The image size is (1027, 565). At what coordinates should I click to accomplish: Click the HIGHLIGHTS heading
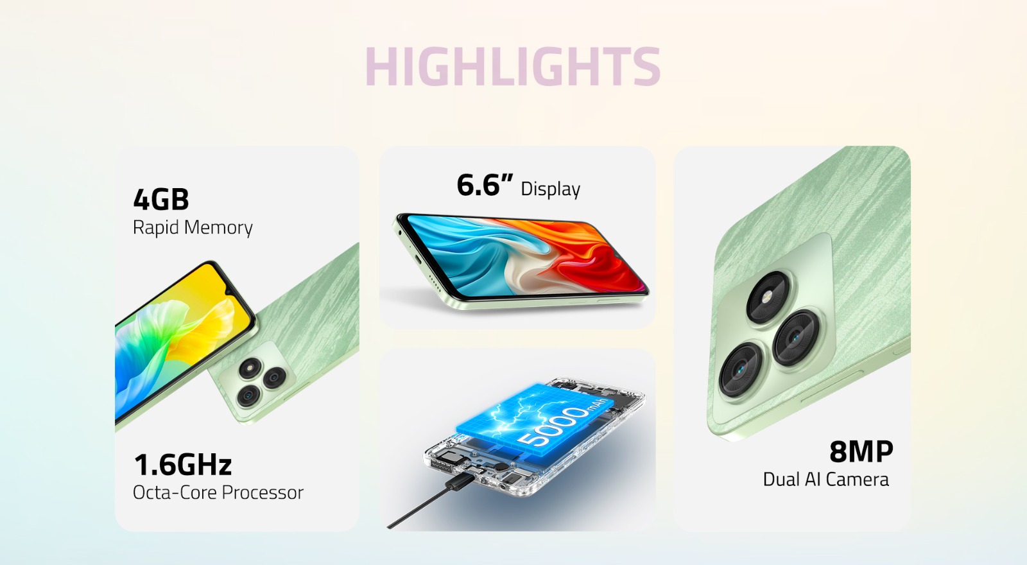513,66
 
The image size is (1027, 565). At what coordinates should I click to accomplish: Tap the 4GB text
161,200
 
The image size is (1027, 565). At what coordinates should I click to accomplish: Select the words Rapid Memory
193,228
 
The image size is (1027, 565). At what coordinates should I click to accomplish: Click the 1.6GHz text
183,465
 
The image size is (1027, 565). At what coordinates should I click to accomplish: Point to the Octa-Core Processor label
218,493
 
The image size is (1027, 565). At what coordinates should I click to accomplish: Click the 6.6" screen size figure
485,185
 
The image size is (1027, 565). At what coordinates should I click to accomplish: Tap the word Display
551,189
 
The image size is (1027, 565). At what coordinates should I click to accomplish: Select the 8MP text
861,451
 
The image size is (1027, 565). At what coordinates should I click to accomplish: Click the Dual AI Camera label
825,480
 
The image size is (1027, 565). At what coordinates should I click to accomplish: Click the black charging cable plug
462,483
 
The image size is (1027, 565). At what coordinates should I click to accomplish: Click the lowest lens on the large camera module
741,370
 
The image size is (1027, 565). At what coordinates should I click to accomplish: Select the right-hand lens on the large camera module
796,338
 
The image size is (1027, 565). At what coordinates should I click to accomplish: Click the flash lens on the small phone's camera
250,369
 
